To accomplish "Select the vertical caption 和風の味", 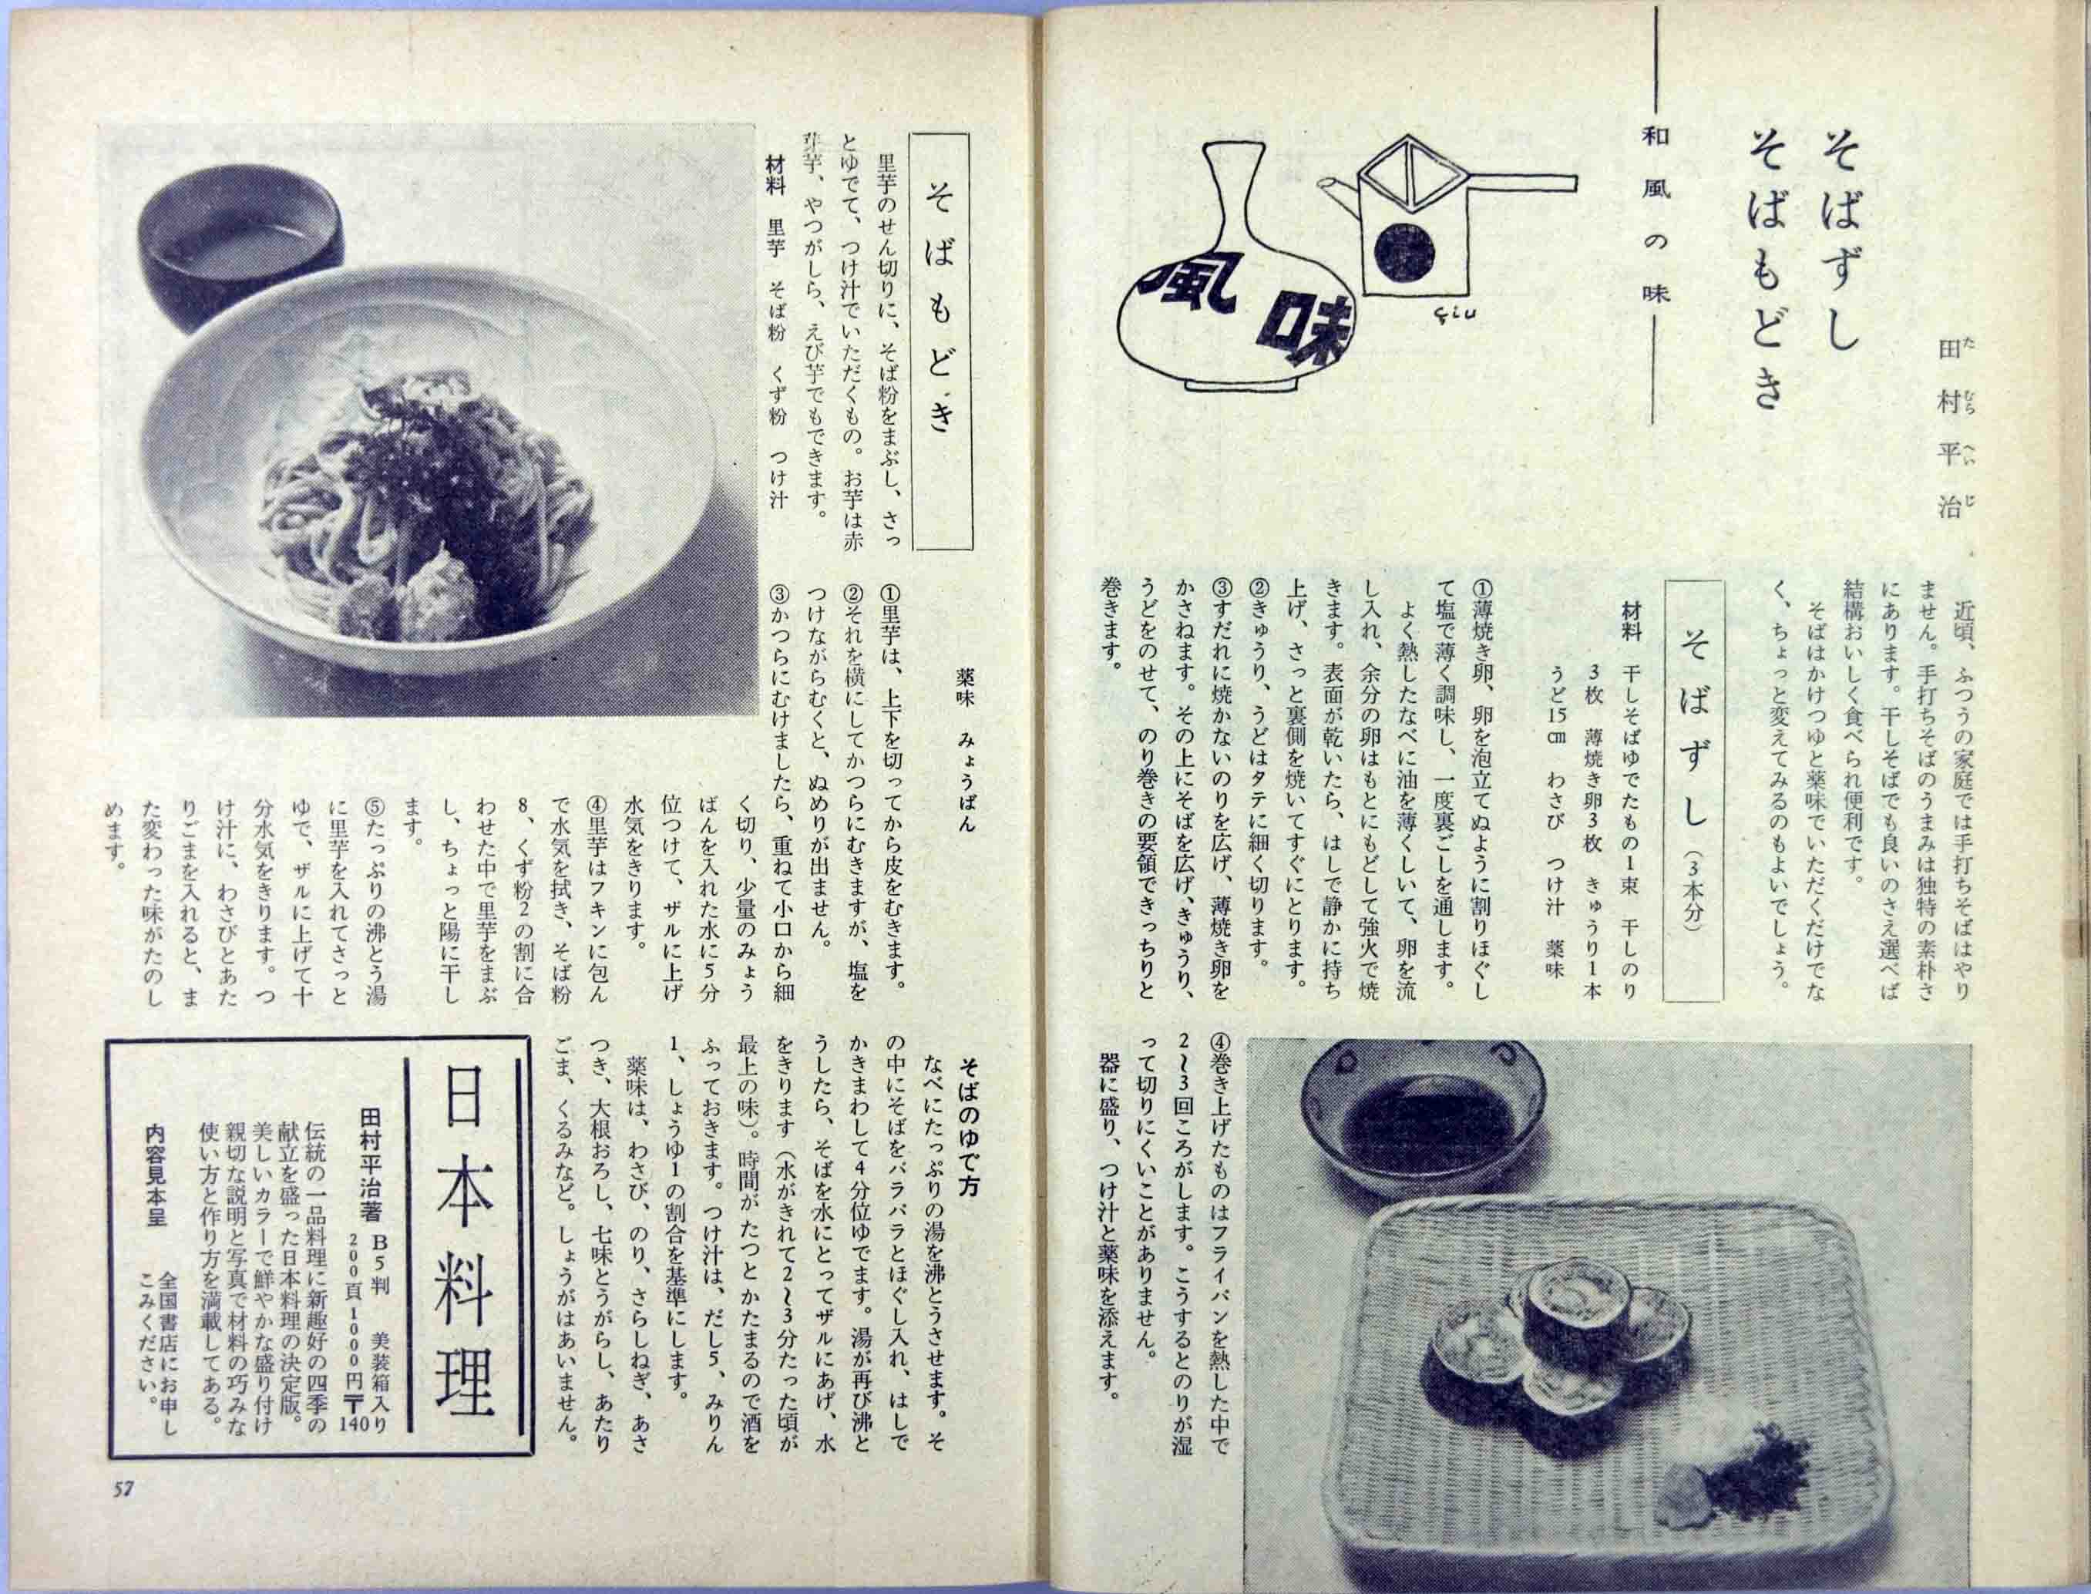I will (1667, 227).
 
